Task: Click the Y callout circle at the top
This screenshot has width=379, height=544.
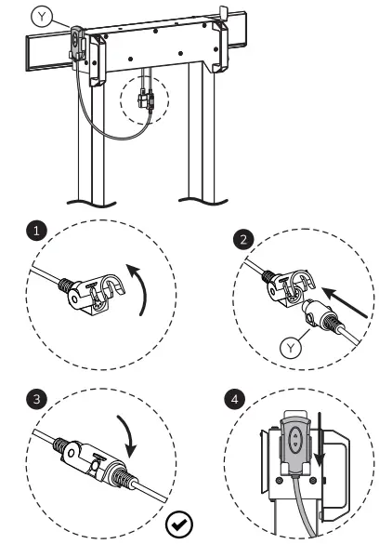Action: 43,16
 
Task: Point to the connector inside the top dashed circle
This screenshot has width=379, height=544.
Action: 144,99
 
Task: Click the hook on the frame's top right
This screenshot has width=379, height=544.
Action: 223,15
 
